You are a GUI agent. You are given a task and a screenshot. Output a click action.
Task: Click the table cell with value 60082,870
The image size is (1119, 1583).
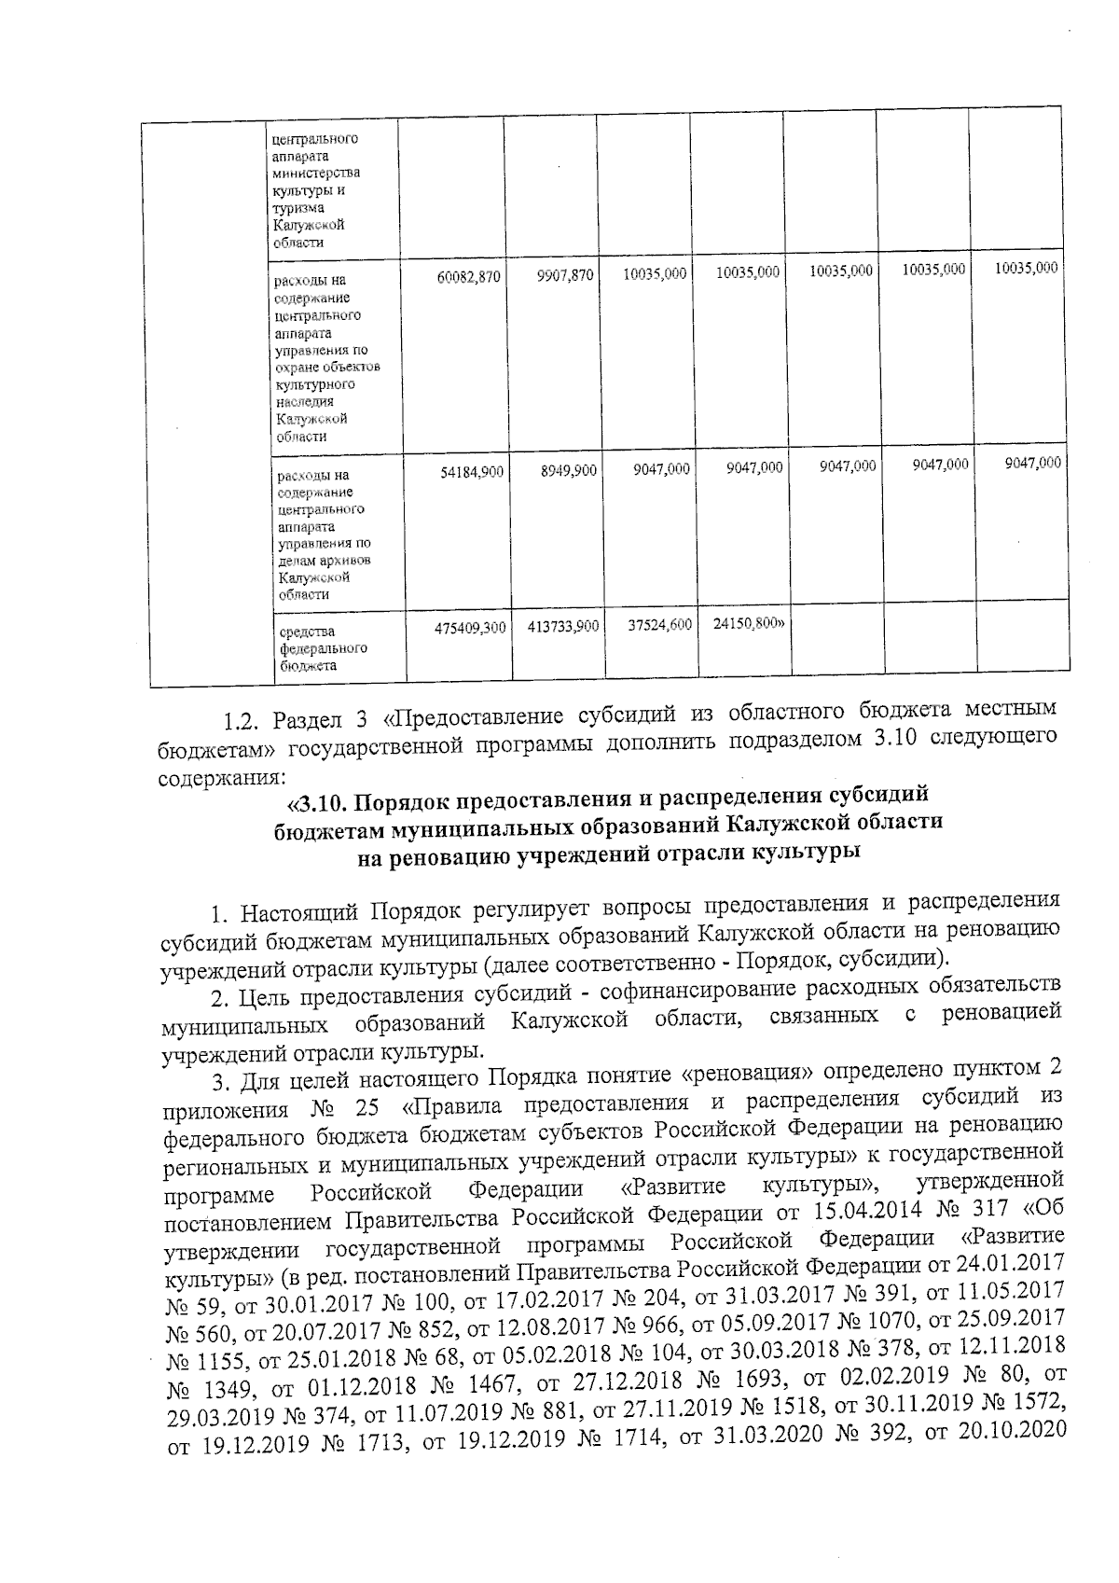pos(470,277)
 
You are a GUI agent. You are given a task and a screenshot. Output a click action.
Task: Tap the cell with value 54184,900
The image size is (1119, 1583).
pos(472,472)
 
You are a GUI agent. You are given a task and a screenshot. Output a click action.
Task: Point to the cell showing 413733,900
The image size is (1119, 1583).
pos(563,628)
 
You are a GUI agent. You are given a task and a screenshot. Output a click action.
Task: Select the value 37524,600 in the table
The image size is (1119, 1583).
pos(657,625)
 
